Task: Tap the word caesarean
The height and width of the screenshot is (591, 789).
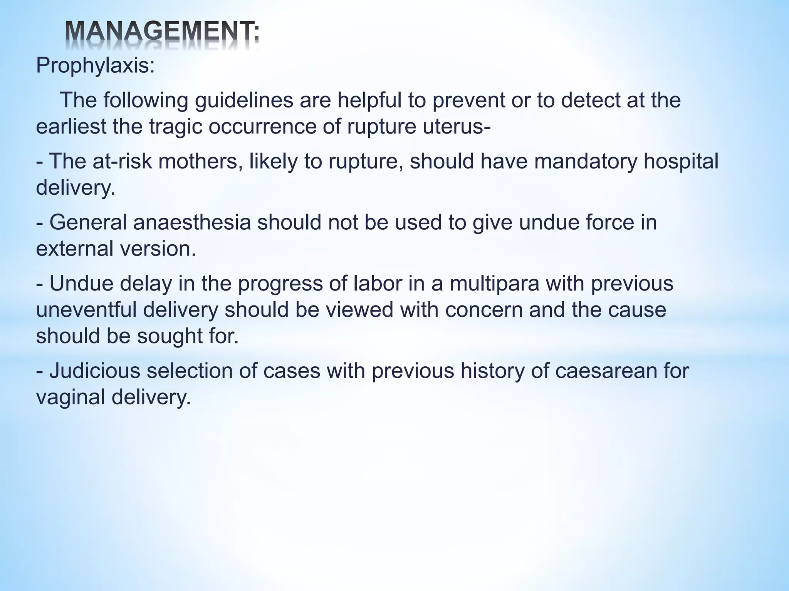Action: coord(605,371)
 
